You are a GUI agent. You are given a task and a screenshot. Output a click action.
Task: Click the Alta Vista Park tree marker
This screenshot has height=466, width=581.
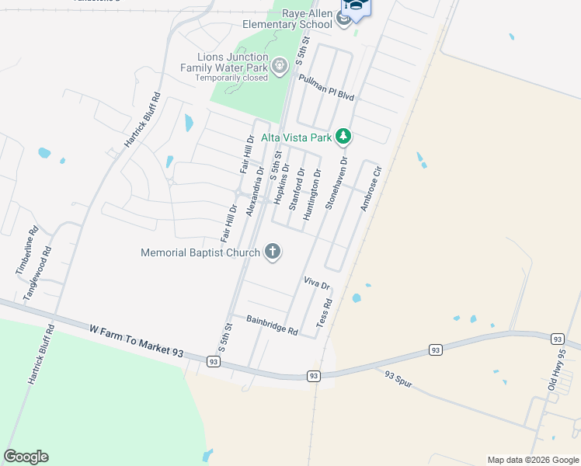click(343, 137)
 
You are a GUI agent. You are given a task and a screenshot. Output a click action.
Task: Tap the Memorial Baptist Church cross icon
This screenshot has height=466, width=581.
click(272, 252)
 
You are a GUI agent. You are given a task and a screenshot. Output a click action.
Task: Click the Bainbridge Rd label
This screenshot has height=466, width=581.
click(272, 325)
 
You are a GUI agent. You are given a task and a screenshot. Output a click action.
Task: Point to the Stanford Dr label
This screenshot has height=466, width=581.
click(296, 190)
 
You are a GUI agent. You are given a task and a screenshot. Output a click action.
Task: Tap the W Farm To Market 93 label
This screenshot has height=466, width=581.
click(136, 341)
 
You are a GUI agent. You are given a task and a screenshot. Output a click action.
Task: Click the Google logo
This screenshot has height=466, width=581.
click(26, 457)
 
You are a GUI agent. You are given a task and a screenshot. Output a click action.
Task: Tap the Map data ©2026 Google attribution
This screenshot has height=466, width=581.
click(532, 460)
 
